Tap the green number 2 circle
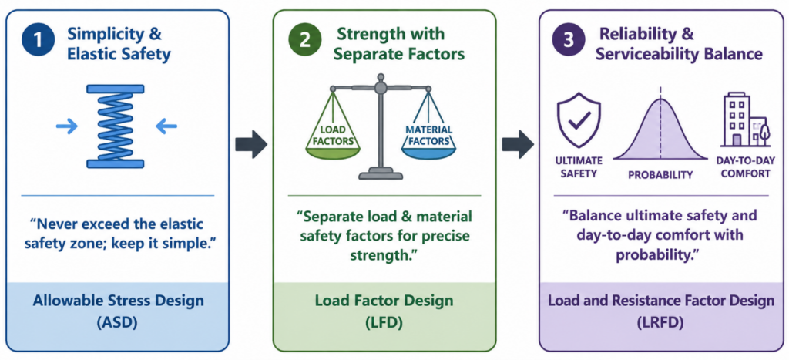click(305, 42)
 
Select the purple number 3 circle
click(569, 42)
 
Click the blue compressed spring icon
click(116, 126)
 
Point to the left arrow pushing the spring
click(68, 126)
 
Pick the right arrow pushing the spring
click(166, 126)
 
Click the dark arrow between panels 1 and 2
click(251, 144)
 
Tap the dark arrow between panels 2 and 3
click(518, 144)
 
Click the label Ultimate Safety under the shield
click(579, 167)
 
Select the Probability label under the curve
click(660, 175)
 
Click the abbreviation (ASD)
click(118, 323)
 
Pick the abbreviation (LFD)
click(384, 323)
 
